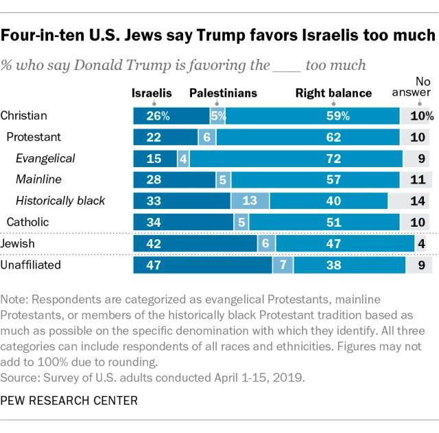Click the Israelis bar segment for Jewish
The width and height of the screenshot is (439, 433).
tap(194, 243)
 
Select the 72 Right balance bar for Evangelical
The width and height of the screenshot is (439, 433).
tap(296, 158)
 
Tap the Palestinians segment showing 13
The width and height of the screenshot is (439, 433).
tap(250, 201)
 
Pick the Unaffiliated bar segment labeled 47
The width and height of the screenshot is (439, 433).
tap(202, 264)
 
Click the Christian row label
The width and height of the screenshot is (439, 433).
tap(24, 115)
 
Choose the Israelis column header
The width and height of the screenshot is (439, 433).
tap(152, 92)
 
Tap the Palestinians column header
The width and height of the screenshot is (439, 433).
tap(223, 92)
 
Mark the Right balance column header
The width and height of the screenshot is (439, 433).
tap(333, 92)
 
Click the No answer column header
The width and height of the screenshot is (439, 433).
tap(416, 87)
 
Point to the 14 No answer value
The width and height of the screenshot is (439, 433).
tap(418, 201)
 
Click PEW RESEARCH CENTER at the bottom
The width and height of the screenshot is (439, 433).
tap(60, 399)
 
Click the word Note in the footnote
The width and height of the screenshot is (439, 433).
tap(14, 300)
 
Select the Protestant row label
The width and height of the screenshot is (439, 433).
tap(35, 137)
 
